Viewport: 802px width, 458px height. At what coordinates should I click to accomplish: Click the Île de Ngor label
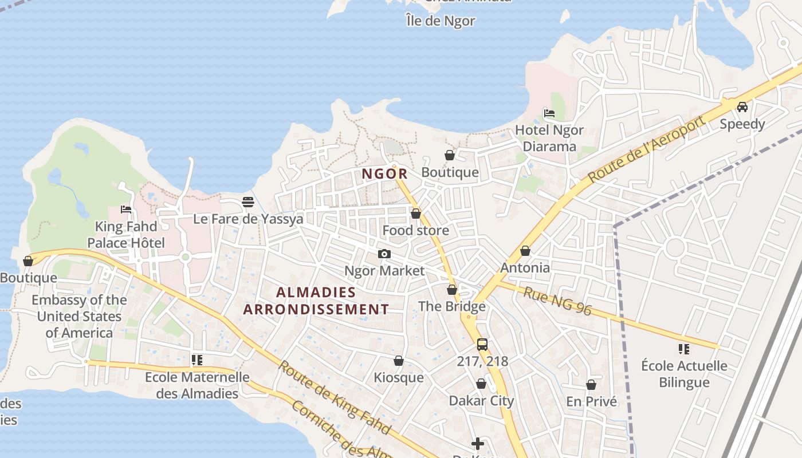tap(441, 21)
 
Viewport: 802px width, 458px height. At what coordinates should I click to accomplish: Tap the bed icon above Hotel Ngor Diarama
tap(549, 113)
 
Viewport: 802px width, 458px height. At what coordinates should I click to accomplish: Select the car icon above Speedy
tap(742, 106)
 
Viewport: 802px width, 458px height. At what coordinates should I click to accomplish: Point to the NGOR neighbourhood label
tap(384, 173)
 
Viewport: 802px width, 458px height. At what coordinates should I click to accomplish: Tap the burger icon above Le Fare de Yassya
tap(248, 202)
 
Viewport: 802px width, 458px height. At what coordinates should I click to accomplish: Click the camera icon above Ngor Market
tap(384, 254)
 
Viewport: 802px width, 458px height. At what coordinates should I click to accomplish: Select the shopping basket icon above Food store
tap(416, 214)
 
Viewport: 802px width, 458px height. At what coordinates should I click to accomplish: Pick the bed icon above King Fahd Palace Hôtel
tap(126, 210)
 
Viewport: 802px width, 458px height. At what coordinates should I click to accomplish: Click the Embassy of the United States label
tap(79, 316)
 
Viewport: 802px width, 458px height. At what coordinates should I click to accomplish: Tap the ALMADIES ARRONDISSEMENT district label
tap(316, 301)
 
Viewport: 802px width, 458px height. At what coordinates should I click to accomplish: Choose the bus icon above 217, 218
tap(482, 344)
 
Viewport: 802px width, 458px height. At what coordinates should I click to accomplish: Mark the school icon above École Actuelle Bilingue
tap(683, 349)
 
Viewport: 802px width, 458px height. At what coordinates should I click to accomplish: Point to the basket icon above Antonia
tap(525, 251)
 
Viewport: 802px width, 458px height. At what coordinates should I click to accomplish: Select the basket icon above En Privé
tap(591, 385)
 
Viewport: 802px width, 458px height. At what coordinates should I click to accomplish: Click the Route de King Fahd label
tap(335, 397)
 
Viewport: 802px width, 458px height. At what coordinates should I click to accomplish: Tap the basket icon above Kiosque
tap(399, 361)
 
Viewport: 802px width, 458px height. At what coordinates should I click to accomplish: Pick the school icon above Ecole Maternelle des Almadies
tap(197, 360)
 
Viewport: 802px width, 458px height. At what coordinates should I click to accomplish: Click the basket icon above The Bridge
tap(452, 290)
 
